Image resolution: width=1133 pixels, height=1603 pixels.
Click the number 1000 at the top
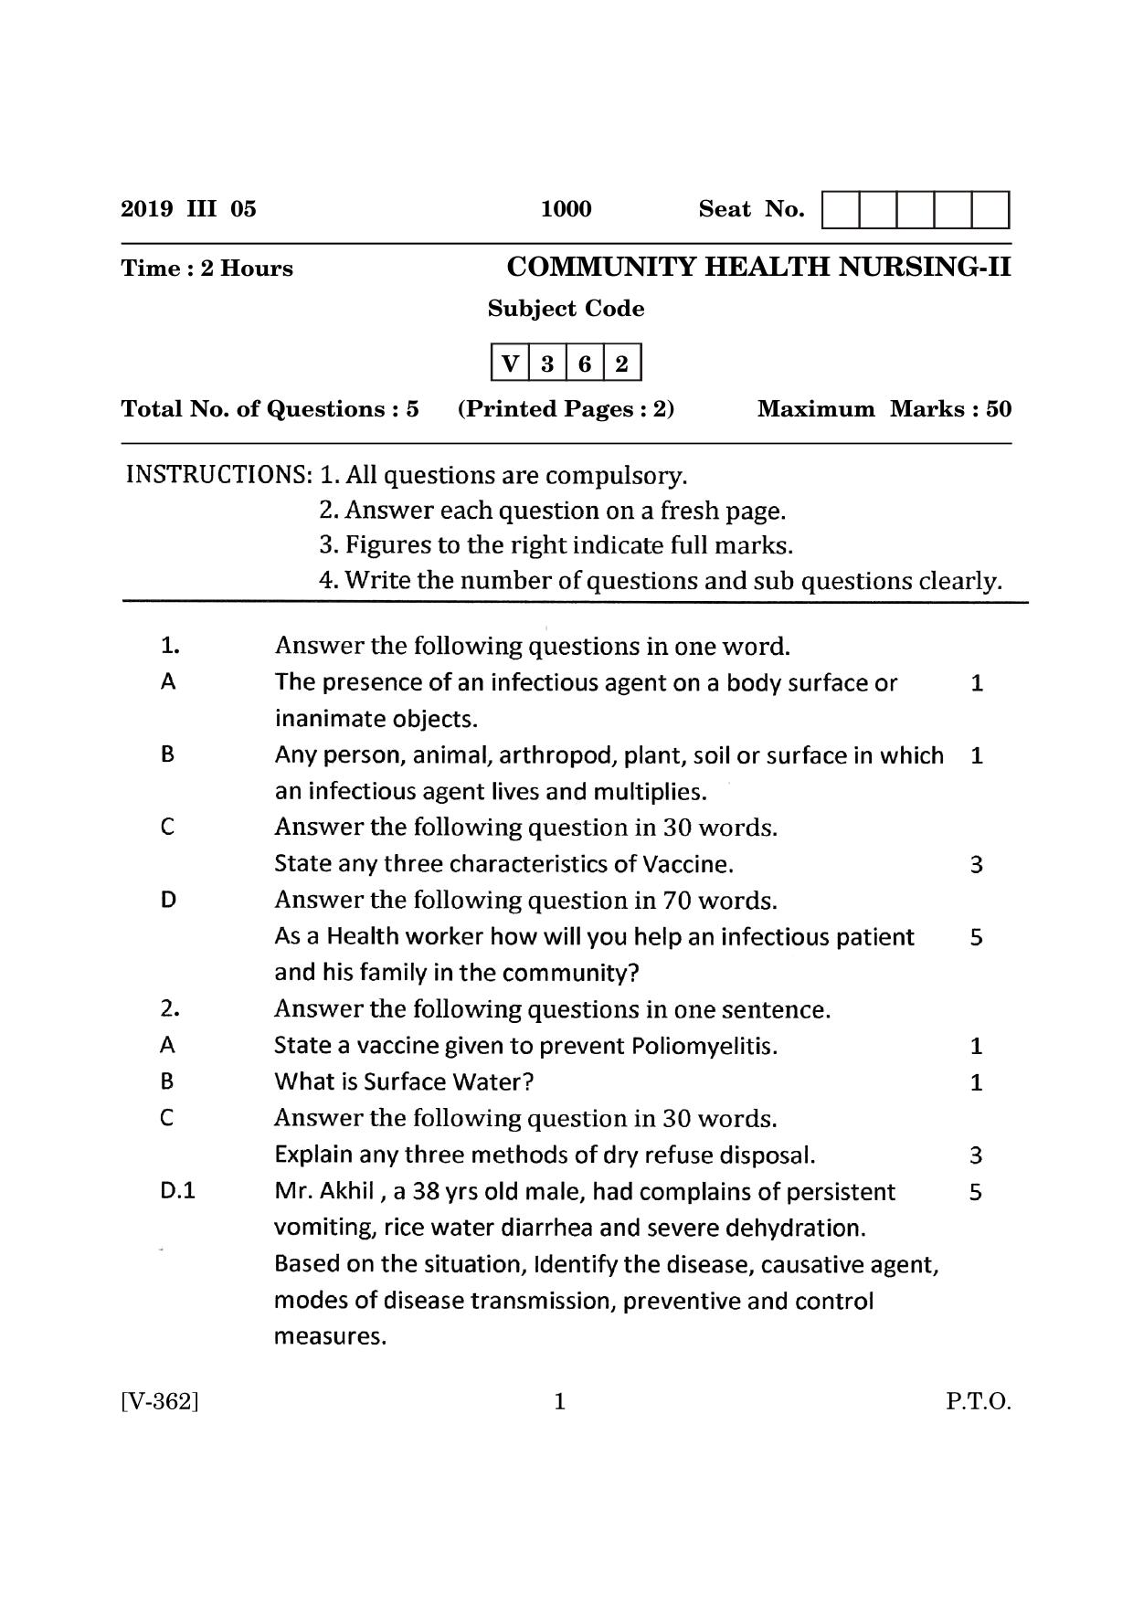coord(566,209)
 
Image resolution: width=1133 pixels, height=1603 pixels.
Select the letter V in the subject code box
coord(510,364)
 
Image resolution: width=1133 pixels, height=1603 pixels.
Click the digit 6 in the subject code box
coord(585,364)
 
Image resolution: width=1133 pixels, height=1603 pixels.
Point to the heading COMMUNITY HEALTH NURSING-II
coord(758,267)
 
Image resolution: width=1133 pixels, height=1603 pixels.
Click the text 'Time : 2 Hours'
coord(207,269)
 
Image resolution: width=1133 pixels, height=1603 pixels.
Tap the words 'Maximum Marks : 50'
coord(884,408)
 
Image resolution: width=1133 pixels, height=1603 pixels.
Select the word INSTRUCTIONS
coord(218,475)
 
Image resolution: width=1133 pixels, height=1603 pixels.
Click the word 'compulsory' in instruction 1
coord(620,476)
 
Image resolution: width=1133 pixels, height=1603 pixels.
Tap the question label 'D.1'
coord(177,1191)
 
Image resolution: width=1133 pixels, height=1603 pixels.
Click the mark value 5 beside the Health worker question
coord(976,937)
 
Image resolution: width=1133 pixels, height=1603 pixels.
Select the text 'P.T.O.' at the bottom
coord(978,1402)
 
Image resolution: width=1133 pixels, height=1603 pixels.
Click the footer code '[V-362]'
coord(160,1402)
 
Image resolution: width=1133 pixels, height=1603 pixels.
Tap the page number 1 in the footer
coord(560,1402)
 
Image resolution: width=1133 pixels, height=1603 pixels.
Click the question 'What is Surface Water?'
coord(404,1082)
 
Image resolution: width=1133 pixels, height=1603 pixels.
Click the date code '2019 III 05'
coord(189,209)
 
